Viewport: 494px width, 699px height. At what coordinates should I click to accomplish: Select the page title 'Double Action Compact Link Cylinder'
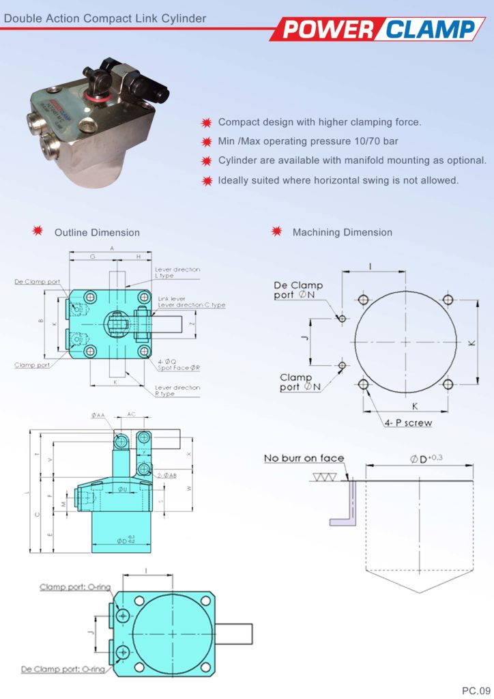coord(104,18)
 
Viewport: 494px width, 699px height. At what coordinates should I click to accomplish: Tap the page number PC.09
coord(476,690)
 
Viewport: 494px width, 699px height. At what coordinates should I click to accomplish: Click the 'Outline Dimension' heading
coord(97,233)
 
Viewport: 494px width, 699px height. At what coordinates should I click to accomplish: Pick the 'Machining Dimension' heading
coord(342,233)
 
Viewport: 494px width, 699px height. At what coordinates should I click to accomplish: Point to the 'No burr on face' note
coord(304,458)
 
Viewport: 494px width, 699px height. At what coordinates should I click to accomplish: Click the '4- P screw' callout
coord(408,423)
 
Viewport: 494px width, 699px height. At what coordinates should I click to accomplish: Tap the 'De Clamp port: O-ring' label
coord(63,669)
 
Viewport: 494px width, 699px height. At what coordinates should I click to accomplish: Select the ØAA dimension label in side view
coord(98,415)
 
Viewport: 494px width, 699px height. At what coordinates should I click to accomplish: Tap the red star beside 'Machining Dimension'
coord(277,232)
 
